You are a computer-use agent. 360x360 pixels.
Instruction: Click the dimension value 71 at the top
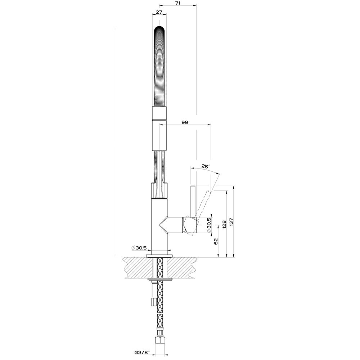point(178,3)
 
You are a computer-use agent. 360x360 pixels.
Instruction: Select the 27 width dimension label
point(159,12)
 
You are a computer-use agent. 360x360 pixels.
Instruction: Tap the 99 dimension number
point(185,122)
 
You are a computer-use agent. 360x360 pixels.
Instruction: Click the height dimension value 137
point(231,222)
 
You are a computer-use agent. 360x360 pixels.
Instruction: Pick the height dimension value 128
point(225,224)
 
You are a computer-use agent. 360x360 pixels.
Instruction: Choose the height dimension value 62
point(216,241)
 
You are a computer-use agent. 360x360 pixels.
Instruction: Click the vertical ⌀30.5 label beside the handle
point(209,226)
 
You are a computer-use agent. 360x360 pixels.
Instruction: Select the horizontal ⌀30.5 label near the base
point(139,248)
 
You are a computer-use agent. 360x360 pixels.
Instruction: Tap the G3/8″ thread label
point(142,351)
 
